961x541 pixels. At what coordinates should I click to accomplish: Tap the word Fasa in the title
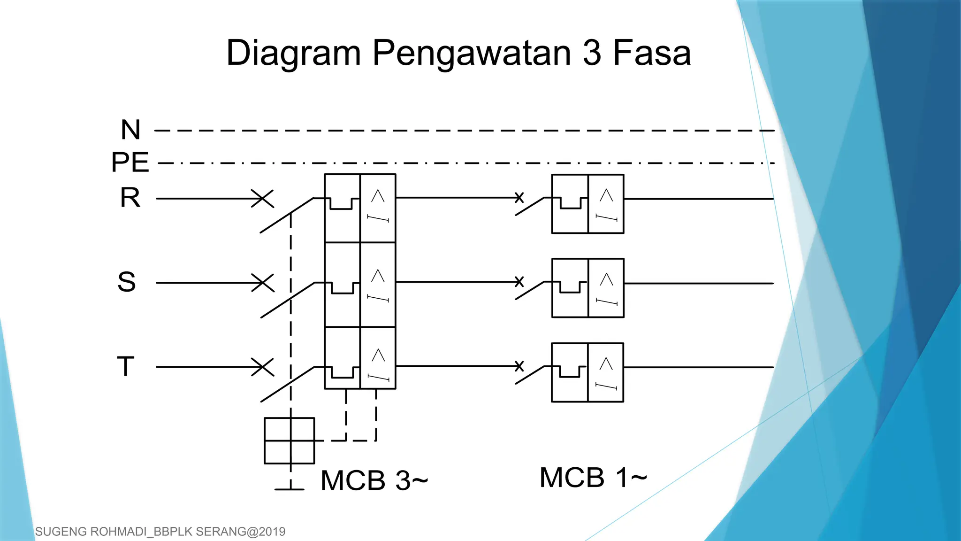click(x=652, y=53)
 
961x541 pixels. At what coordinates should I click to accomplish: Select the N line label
click(x=130, y=130)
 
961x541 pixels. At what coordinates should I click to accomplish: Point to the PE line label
click(x=130, y=162)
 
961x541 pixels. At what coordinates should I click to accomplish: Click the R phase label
click(x=130, y=198)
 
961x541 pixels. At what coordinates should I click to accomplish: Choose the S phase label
click(x=127, y=282)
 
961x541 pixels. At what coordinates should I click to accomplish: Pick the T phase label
click(x=126, y=366)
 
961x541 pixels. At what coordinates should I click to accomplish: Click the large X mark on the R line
click(x=263, y=199)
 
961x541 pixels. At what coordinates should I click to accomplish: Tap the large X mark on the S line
click(x=263, y=283)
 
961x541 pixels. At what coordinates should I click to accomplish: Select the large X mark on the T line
click(x=263, y=367)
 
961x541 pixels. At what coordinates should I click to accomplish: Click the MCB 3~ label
click(x=374, y=480)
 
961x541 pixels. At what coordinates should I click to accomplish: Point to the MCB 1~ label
click(x=593, y=478)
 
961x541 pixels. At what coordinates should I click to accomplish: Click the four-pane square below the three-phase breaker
click(x=290, y=441)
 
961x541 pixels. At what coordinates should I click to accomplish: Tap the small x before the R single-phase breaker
click(x=519, y=197)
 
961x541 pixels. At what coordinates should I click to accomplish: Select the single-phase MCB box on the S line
click(x=588, y=288)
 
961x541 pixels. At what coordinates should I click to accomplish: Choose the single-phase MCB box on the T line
click(x=587, y=372)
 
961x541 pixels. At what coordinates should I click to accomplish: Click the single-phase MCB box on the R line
click(x=588, y=204)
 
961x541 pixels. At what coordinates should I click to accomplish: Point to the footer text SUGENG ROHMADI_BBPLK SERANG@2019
click(x=160, y=532)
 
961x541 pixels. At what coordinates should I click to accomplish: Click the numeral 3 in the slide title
click(x=592, y=53)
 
